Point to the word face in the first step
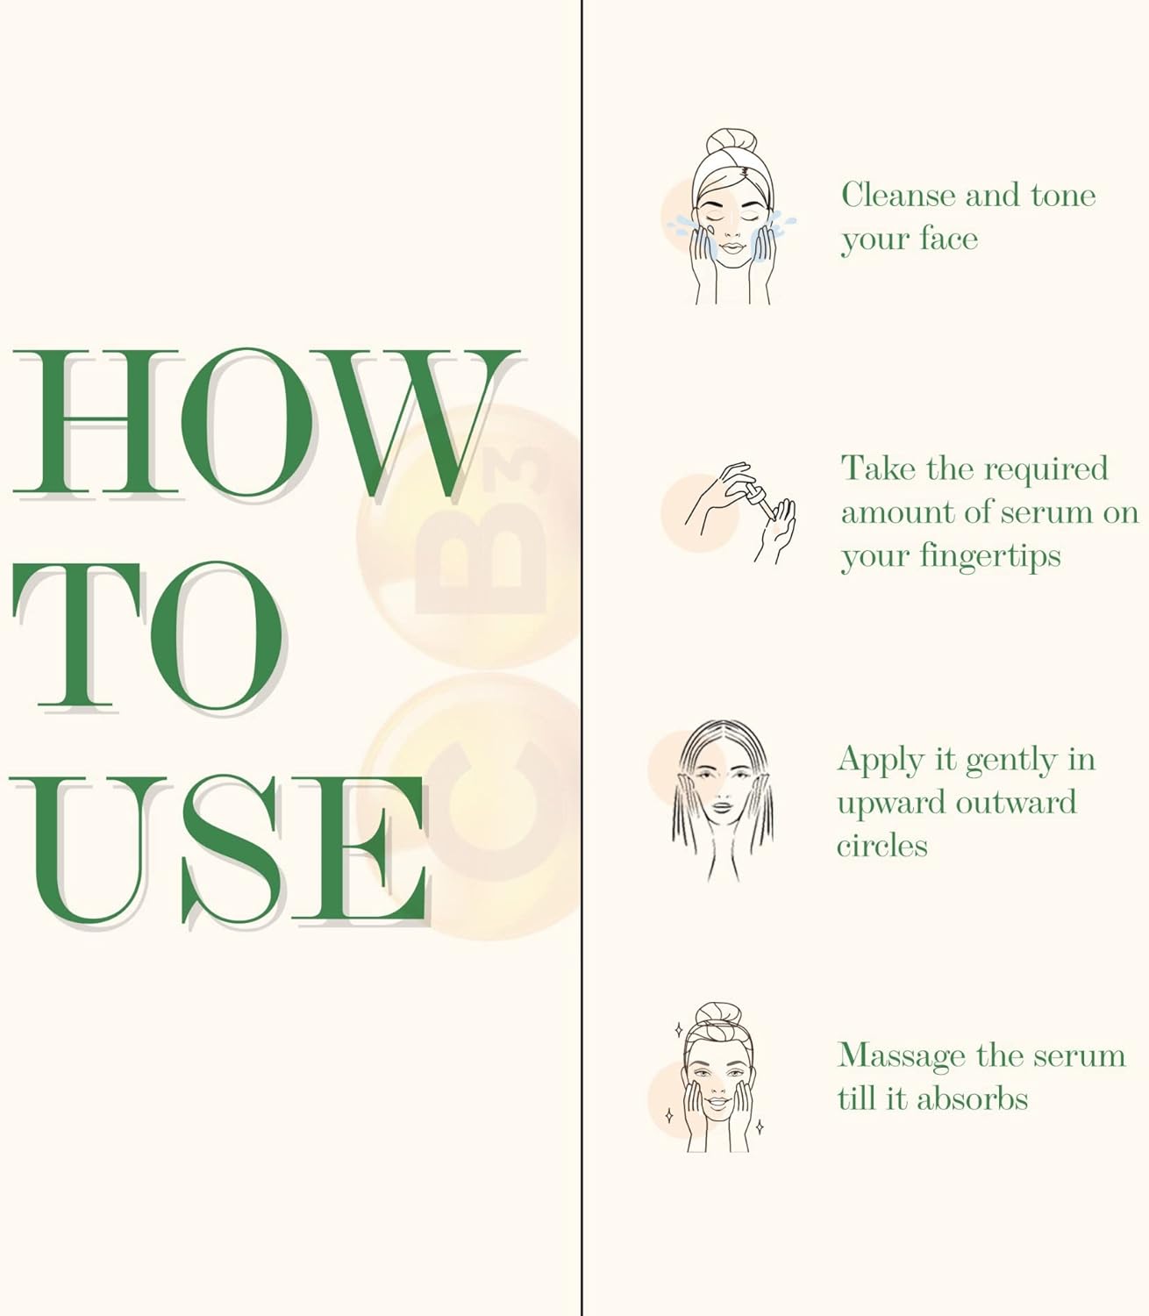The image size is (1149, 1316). point(948,239)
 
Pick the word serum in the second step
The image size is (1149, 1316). point(1046,512)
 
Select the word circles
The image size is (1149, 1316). point(882,846)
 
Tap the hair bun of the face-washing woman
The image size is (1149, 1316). point(732,140)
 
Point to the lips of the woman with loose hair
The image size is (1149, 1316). point(723,806)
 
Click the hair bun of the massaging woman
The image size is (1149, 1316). point(717,1014)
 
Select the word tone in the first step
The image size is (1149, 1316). point(1063,196)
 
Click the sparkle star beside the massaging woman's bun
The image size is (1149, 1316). point(678,1030)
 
